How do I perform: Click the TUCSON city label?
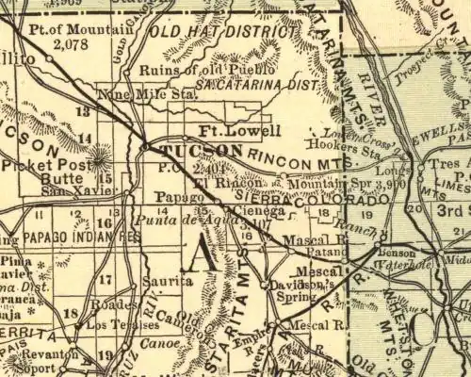pyautogui.click(x=202, y=151)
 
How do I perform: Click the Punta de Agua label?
pyautogui.click(x=170, y=220)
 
